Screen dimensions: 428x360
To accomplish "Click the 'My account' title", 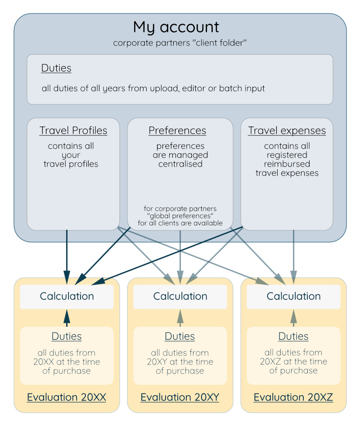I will pos(176,27).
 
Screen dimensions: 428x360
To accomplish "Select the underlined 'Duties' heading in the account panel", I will pos(56,68).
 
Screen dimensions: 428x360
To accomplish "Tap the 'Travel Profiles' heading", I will pos(73,131).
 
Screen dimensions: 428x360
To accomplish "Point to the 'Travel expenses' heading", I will pos(287,131).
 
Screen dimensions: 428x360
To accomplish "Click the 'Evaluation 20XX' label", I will pos(67,397).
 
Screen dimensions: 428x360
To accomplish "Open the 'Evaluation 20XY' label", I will pos(180,397).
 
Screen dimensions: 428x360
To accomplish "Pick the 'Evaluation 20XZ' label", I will pos(293,397).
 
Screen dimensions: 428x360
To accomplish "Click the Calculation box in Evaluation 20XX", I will pos(67,296).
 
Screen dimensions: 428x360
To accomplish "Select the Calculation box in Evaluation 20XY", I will pos(180,296).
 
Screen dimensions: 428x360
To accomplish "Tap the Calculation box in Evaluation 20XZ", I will pos(293,296).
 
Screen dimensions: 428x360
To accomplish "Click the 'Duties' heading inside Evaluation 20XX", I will pos(67,336).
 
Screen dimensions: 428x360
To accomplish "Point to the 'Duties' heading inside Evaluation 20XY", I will pos(180,336).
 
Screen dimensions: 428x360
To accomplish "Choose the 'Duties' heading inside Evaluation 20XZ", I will pos(293,336).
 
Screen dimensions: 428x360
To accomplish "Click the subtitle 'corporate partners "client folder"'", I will pos(180,43).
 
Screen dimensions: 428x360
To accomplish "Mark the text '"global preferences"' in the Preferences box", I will pos(180,216).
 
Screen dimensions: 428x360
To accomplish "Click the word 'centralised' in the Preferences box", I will pos(180,164).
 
